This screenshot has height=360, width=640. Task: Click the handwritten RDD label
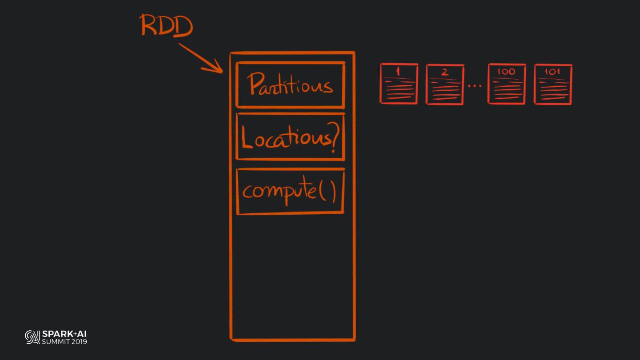click(167, 25)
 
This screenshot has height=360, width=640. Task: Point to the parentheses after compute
click(328, 192)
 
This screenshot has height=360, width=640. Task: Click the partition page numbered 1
click(399, 84)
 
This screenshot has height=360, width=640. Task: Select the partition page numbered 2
click(445, 84)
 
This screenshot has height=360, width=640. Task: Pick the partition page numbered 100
click(507, 84)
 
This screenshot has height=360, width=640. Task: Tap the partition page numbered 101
click(553, 84)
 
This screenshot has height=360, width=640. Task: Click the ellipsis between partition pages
click(475, 85)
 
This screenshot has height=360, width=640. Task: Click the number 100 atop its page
click(506, 71)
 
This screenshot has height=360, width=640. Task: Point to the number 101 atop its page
click(552, 71)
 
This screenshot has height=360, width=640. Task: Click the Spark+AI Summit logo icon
click(32, 337)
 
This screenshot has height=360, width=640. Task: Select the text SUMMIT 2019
click(64, 341)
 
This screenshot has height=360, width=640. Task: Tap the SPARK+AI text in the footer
click(64, 334)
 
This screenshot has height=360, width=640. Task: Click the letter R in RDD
click(150, 25)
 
